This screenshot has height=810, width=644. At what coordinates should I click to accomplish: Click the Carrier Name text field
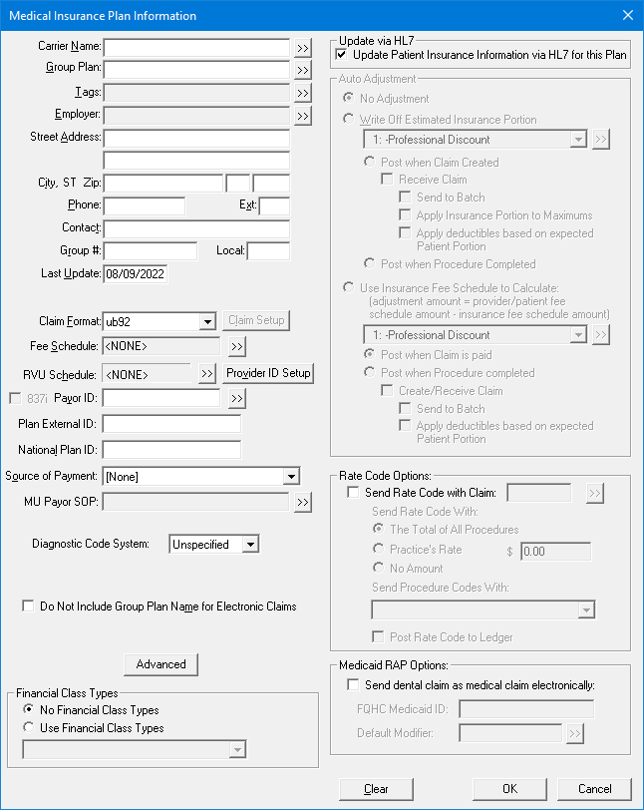click(x=196, y=47)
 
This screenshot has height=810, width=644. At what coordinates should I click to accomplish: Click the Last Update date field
click(x=135, y=273)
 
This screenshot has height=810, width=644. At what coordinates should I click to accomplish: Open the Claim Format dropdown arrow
click(x=207, y=321)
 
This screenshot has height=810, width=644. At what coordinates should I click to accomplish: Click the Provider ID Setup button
click(x=268, y=373)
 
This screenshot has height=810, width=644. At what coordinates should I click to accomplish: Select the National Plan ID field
click(x=170, y=450)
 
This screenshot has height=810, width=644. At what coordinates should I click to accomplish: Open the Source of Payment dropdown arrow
click(x=290, y=477)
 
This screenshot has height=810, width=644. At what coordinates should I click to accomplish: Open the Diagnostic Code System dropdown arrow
click(x=250, y=545)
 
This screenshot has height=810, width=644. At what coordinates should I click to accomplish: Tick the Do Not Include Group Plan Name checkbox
click(x=28, y=607)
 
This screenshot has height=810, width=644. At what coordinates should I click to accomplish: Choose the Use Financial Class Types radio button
click(x=28, y=728)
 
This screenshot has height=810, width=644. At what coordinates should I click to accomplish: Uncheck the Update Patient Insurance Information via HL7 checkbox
click(x=342, y=55)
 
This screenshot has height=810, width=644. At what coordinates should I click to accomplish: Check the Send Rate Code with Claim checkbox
click(x=352, y=493)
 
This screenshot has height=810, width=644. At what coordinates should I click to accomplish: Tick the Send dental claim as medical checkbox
click(x=352, y=685)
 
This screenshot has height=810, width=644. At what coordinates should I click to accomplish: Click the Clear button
click(x=376, y=789)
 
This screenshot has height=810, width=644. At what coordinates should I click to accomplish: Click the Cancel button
click(x=595, y=789)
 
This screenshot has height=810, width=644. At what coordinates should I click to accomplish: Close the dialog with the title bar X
click(x=627, y=15)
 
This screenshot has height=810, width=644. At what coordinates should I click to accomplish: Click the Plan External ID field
click(x=170, y=425)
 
